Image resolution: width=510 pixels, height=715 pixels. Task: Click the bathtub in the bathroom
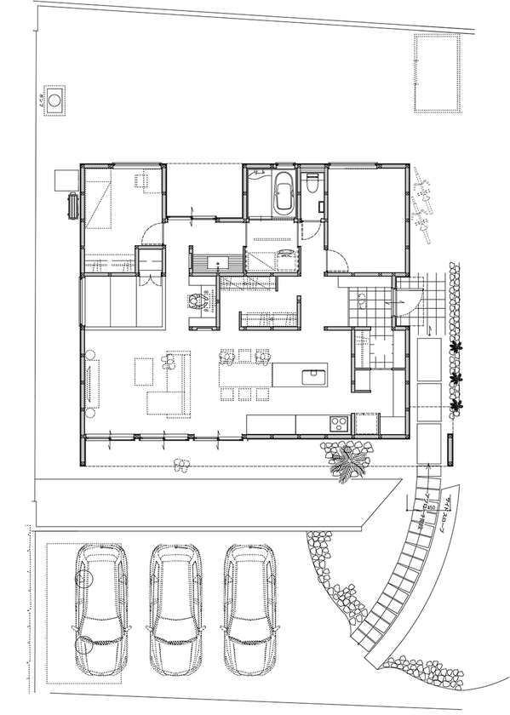(283, 195)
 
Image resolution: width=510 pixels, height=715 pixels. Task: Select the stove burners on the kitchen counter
(338, 422)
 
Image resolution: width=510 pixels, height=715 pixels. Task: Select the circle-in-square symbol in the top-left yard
(55, 100)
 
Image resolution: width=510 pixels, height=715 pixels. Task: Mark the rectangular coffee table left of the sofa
(143, 371)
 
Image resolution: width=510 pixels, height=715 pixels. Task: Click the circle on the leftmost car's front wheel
(85, 576)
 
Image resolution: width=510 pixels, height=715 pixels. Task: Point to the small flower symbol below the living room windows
(180, 465)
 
